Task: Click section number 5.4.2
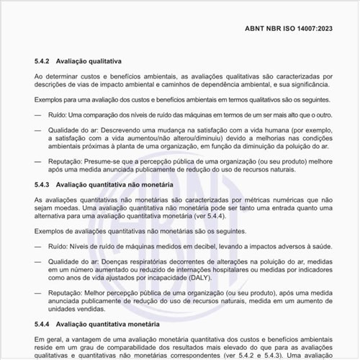click(x=43, y=61)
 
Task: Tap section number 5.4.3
click(x=43, y=185)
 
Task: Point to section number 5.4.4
click(x=43, y=324)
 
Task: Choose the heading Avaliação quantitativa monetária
click(x=110, y=324)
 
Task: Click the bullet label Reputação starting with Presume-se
click(x=66, y=162)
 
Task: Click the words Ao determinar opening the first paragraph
click(x=56, y=76)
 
